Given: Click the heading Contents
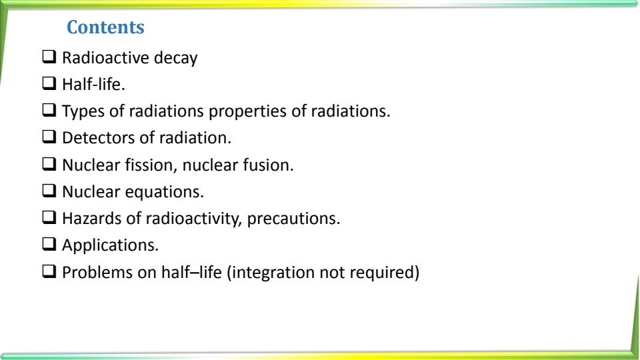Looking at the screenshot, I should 106,29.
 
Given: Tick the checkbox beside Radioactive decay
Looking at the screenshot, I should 50,59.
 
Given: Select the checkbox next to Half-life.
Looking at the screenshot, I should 50,85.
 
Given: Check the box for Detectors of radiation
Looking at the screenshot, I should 50,138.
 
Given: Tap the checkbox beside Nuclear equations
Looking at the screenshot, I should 50,191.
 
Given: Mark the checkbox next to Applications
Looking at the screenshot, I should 50,245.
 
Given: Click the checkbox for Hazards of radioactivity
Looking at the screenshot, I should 50,218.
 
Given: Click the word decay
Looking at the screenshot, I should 175,59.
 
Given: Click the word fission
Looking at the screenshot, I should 143,165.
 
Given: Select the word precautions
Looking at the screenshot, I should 294,218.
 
